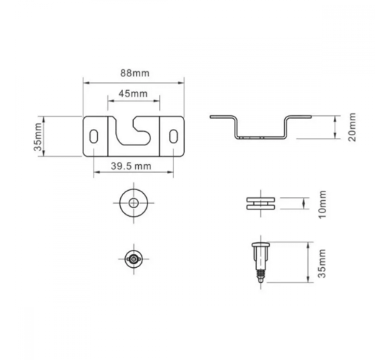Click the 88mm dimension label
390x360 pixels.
coord(135,73)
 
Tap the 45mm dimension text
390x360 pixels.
coord(133,94)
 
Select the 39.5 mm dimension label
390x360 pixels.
coord(131,166)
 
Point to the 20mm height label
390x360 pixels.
coord(352,127)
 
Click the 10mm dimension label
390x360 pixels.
coord(322,204)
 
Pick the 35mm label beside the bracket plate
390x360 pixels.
coord(38,137)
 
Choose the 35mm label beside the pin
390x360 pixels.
coord(322,263)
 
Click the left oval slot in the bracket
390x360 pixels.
coord(94,136)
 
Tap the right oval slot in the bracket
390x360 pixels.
coord(173,136)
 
